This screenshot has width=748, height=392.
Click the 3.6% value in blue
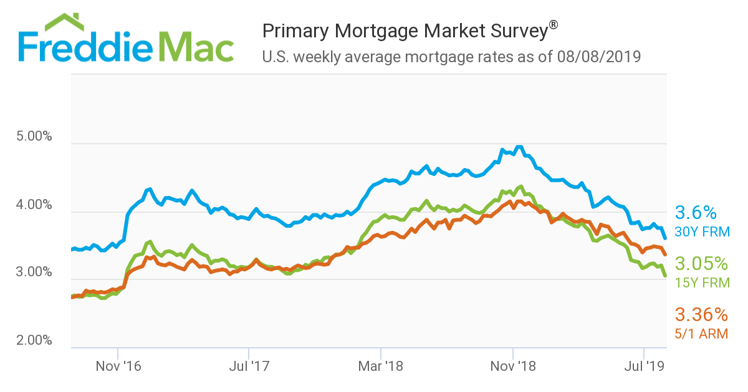click(x=696, y=213)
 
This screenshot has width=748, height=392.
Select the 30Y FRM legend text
click(x=702, y=232)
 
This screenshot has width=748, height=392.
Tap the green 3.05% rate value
click(x=701, y=263)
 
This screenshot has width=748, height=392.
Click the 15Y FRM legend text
click(x=702, y=282)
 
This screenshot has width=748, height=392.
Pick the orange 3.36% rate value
click(x=701, y=314)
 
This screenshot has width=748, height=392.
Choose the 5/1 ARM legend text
click(x=702, y=334)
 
